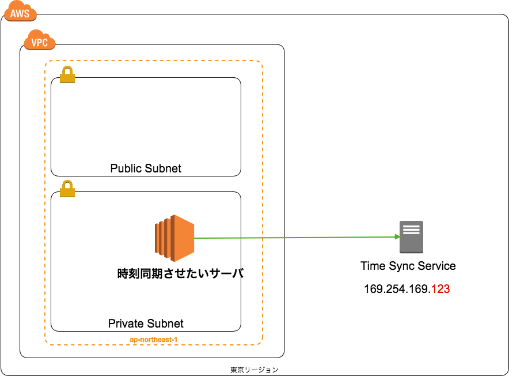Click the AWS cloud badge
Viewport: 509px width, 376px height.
[x=20, y=12]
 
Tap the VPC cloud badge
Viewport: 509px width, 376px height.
[x=39, y=42]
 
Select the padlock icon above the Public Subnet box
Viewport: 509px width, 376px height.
[x=67, y=74]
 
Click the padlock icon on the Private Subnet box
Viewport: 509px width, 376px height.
[x=67, y=189]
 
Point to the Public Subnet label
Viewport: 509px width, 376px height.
[x=146, y=168]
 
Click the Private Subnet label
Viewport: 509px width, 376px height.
[x=146, y=323]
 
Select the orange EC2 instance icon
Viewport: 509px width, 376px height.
[x=175, y=236]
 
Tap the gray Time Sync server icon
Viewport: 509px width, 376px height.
[x=411, y=236]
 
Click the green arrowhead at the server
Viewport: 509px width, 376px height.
[x=397, y=237]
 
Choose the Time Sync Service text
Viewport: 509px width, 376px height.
[x=408, y=266]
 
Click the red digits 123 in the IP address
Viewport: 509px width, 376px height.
[x=440, y=289]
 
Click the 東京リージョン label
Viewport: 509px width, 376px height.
[x=254, y=369]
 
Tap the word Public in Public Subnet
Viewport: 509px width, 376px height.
[x=126, y=168]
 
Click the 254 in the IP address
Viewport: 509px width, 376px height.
[x=398, y=289]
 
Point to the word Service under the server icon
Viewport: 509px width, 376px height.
[x=436, y=266]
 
